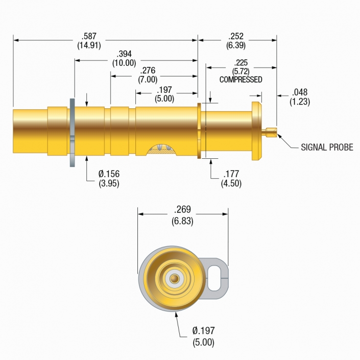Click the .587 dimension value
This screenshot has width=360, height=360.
coord(89,36)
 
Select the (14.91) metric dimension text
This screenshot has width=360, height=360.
coord(89,45)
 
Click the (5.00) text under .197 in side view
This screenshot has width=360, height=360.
coord(165,98)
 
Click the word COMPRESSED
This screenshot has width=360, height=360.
coord(241,80)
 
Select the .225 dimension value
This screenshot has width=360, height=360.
coord(241,63)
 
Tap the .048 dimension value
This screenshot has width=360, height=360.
coord(300,92)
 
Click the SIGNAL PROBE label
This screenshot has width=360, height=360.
coord(327,147)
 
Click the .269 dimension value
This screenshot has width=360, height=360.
coord(183,209)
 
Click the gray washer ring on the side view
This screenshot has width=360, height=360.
coord(72,133)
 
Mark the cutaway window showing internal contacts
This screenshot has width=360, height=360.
coord(161,149)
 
